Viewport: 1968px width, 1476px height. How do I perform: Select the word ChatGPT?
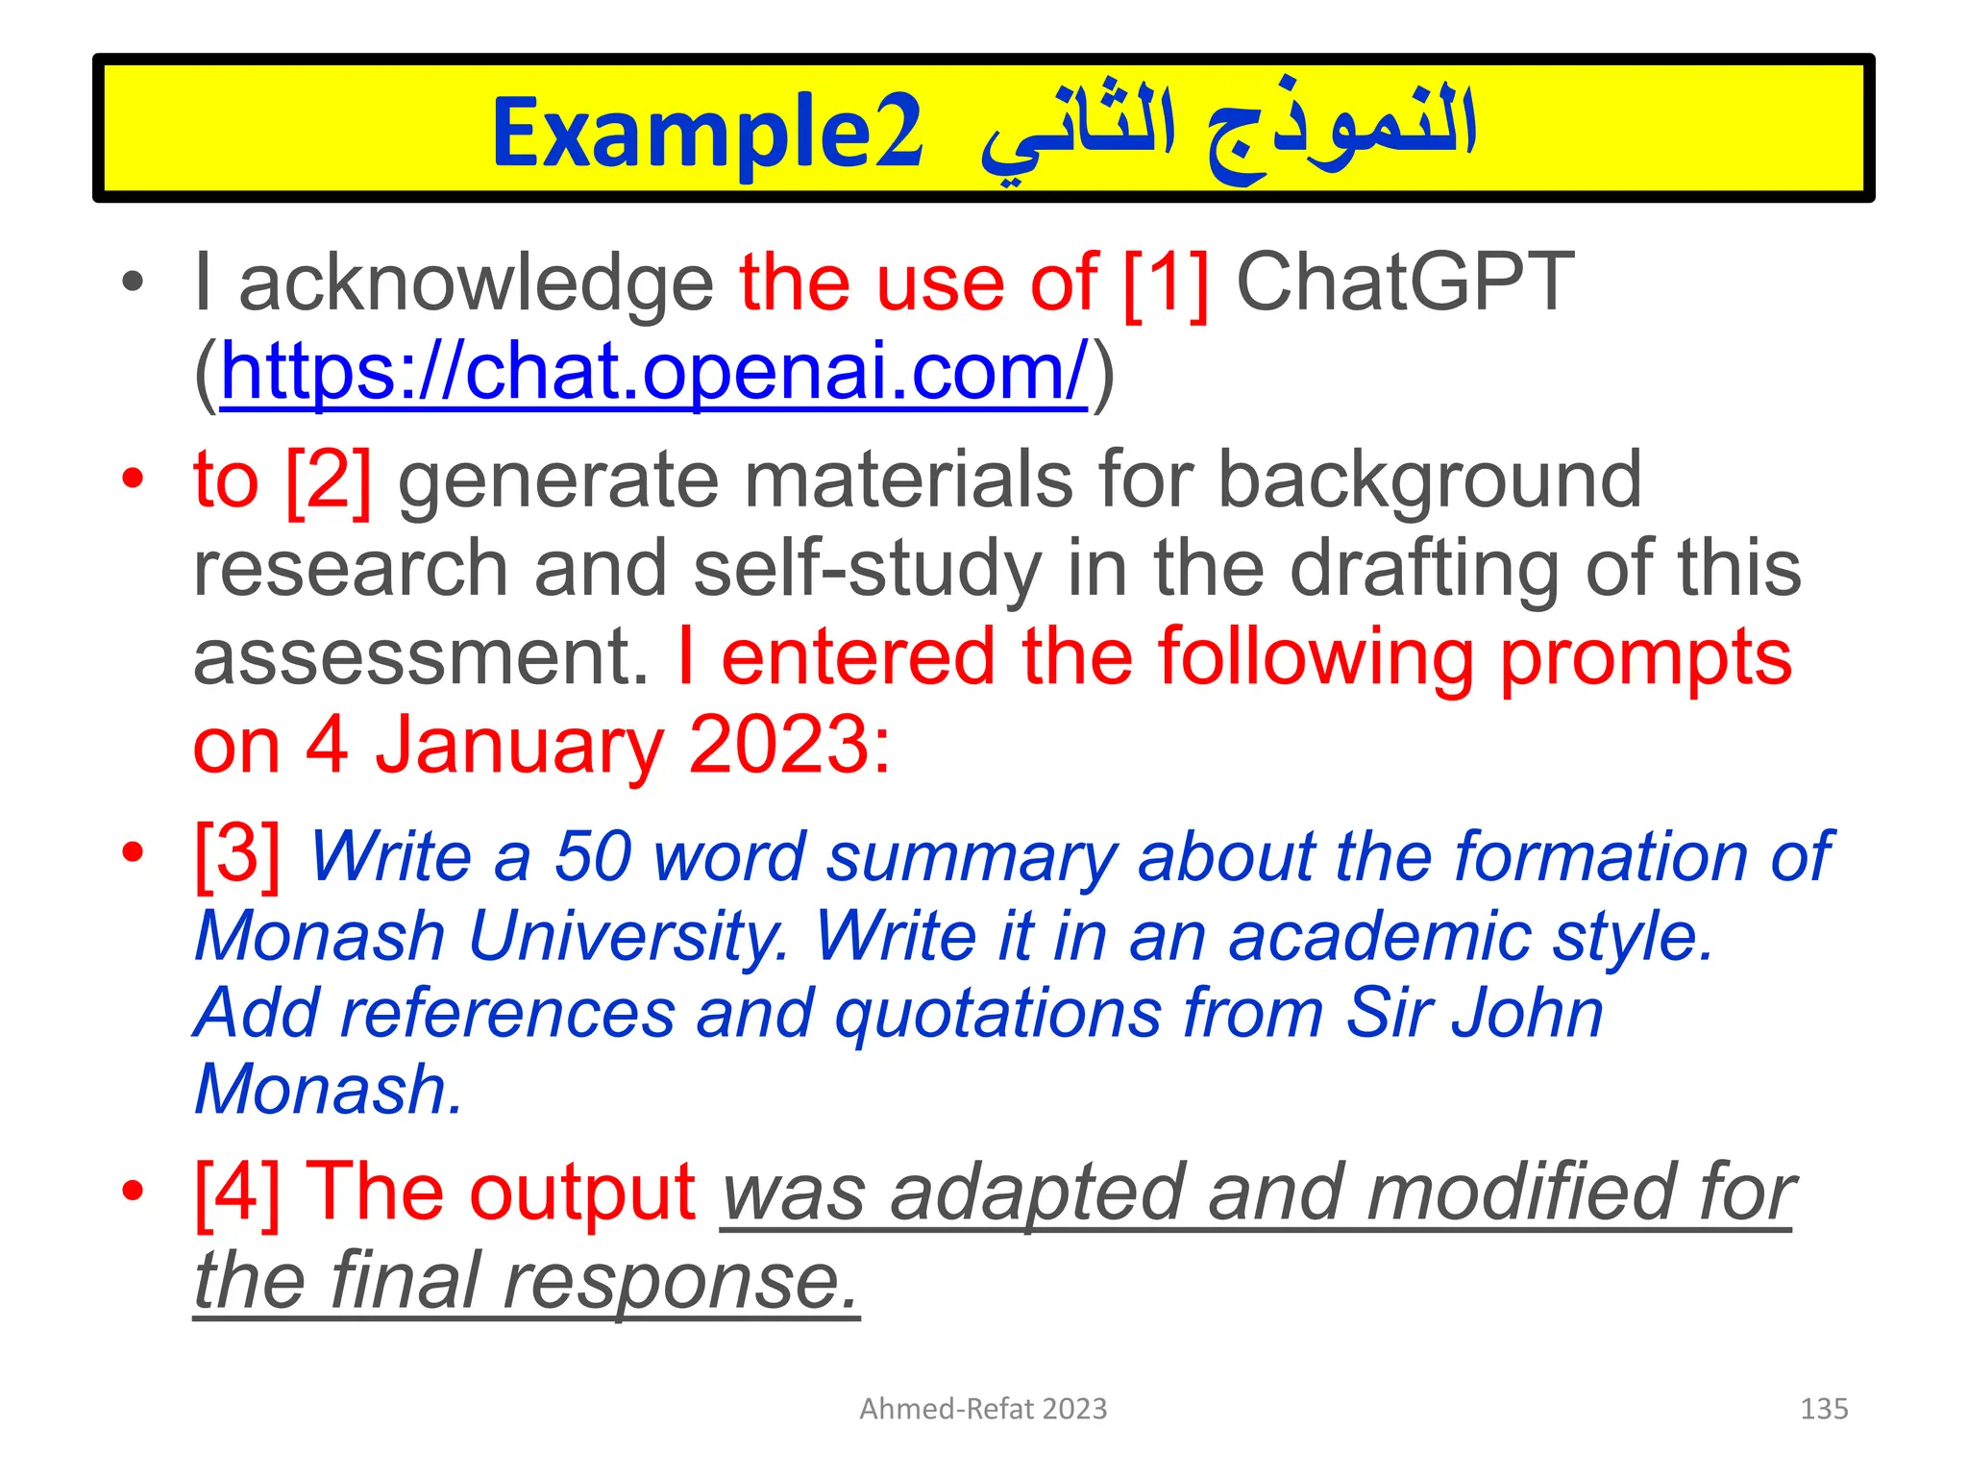[1404, 283]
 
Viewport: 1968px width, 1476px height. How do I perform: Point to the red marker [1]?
[1166, 283]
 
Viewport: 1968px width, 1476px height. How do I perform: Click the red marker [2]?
[329, 480]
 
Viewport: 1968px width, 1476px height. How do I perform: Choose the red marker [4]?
[237, 1193]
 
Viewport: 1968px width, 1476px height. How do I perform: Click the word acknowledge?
[476, 283]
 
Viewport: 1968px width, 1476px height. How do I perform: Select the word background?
[1429, 480]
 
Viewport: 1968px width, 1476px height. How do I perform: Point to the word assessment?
[421, 657]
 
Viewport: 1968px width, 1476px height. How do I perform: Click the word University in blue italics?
[628, 935]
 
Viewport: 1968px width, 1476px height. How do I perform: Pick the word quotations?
[998, 1013]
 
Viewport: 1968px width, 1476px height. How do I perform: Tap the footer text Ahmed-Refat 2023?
[983, 1409]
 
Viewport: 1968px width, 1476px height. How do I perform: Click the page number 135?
[1823, 1409]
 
